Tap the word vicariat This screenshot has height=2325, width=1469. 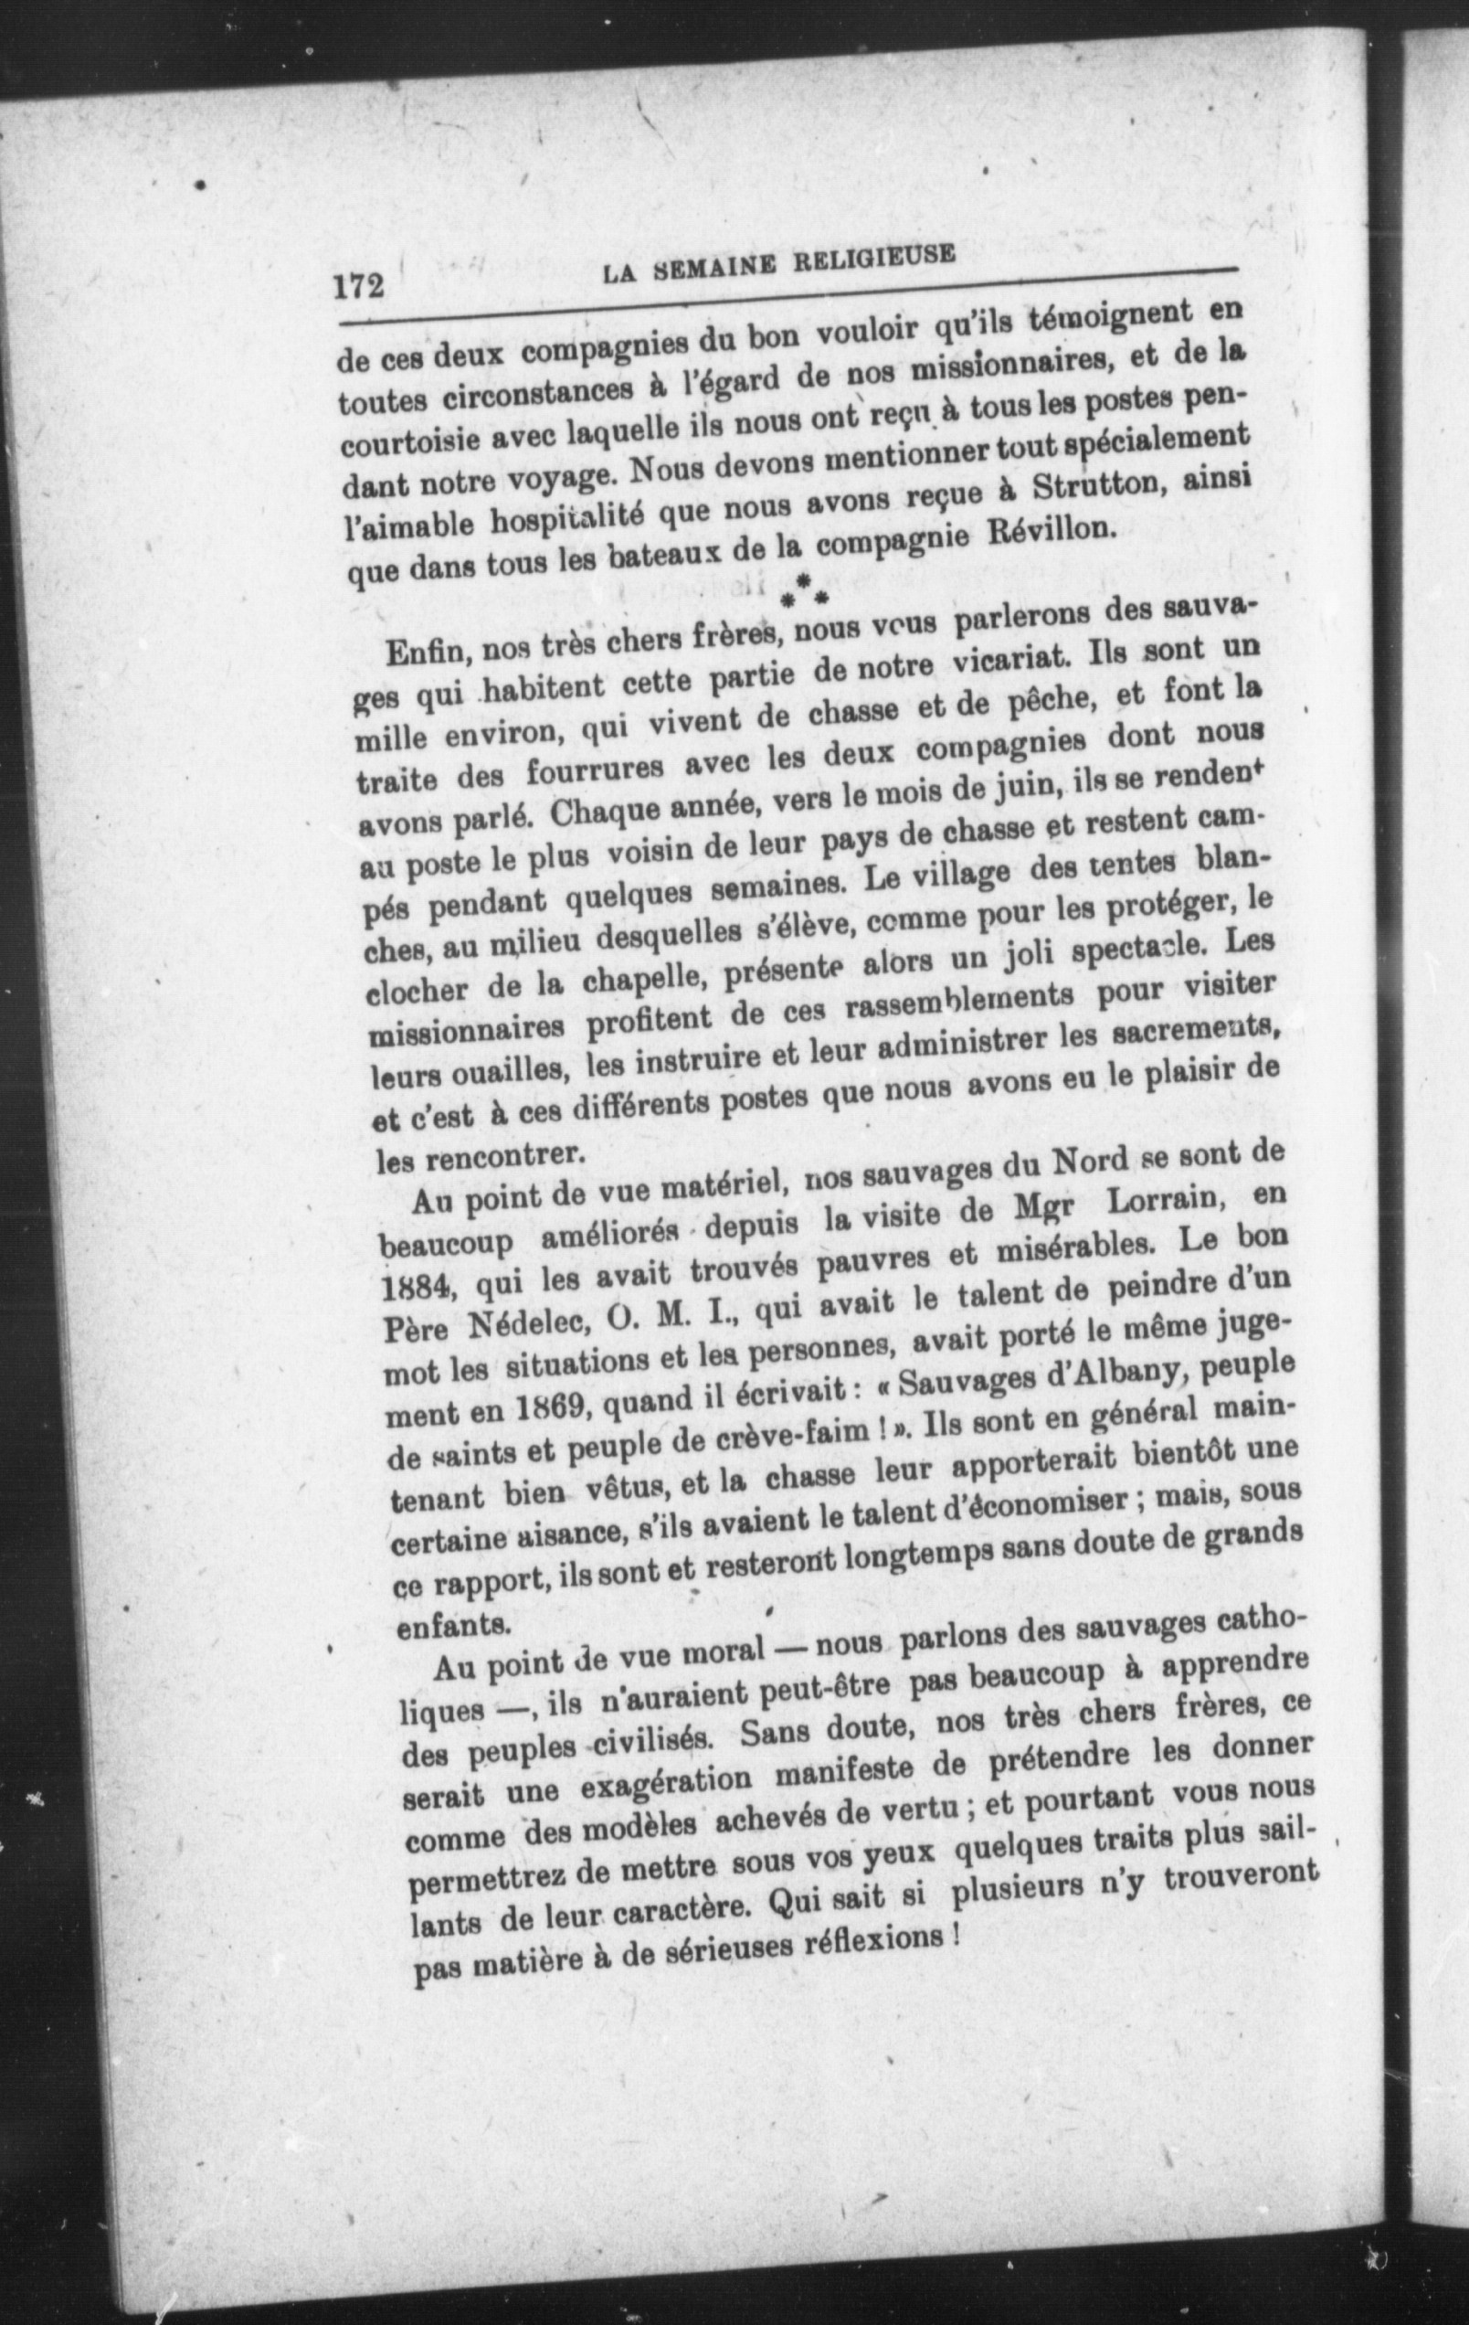click(x=1009, y=664)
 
